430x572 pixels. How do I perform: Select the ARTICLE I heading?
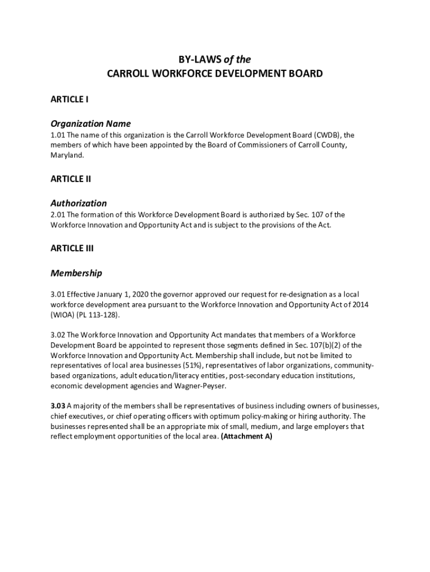pyautogui.click(x=70, y=99)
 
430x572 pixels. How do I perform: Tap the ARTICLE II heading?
pyautogui.click(x=71, y=179)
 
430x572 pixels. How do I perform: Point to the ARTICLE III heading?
pyautogui.click(x=72, y=249)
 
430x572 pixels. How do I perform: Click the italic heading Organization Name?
pyautogui.click(x=90, y=123)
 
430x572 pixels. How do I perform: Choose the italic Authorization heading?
pyautogui.click(x=78, y=203)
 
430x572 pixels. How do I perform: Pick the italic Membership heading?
pyautogui.click(x=76, y=273)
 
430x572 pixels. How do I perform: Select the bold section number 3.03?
pyautogui.click(x=58, y=406)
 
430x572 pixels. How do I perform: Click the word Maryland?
pyautogui.click(x=67, y=155)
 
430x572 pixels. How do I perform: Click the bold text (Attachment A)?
pyautogui.click(x=246, y=436)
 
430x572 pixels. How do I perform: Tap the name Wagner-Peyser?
pyautogui.click(x=203, y=385)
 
